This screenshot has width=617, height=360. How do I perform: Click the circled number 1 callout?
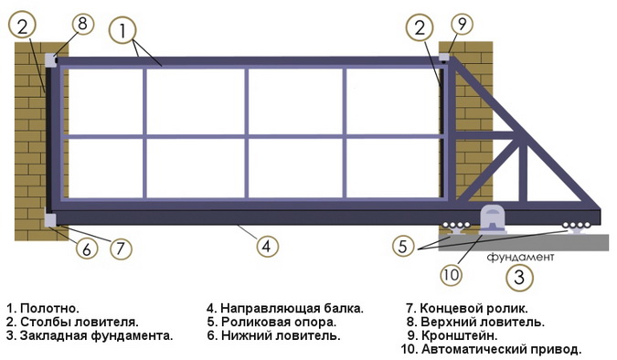pyautogui.click(x=122, y=30)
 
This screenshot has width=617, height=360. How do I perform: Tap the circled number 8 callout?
pyautogui.click(x=82, y=23)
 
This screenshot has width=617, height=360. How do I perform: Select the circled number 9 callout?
pyautogui.click(x=462, y=24)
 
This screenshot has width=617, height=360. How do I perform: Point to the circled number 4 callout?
pyautogui.click(x=267, y=247)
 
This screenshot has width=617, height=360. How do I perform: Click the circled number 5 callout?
pyautogui.click(x=403, y=247)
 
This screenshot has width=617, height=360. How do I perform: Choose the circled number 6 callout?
pyautogui.click(x=86, y=249)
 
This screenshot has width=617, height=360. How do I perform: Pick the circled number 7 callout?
pyautogui.click(x=121, y=249)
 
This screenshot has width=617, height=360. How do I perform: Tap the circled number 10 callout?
pyautogui.click(x=451, y=274)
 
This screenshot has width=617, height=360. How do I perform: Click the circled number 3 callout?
pyautogui.click(x=519, y=278)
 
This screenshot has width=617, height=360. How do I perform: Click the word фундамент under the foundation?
pyautogui.click(x=520, y=258)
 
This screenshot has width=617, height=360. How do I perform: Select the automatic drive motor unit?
pyautogui.click(x=492, y=219)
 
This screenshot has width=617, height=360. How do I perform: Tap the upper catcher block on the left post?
pyautogui.click(x=51, y=60)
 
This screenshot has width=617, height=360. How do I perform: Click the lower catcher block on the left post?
pyautogui.click(x=50, y=220)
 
